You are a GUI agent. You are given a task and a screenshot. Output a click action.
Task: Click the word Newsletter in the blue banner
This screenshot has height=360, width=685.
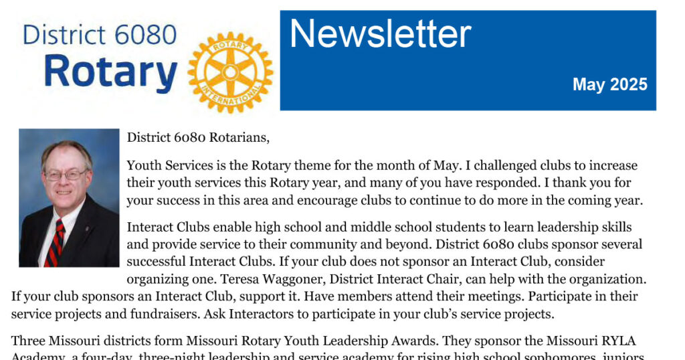tap(380, 33)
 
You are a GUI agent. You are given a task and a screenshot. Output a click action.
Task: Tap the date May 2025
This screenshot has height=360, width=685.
tap(609, 84)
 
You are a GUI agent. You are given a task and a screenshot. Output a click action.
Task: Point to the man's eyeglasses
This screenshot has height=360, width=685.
tap(65, 175)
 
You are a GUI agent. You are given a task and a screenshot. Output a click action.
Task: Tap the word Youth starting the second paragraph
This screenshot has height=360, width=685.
tap(143, 165)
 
